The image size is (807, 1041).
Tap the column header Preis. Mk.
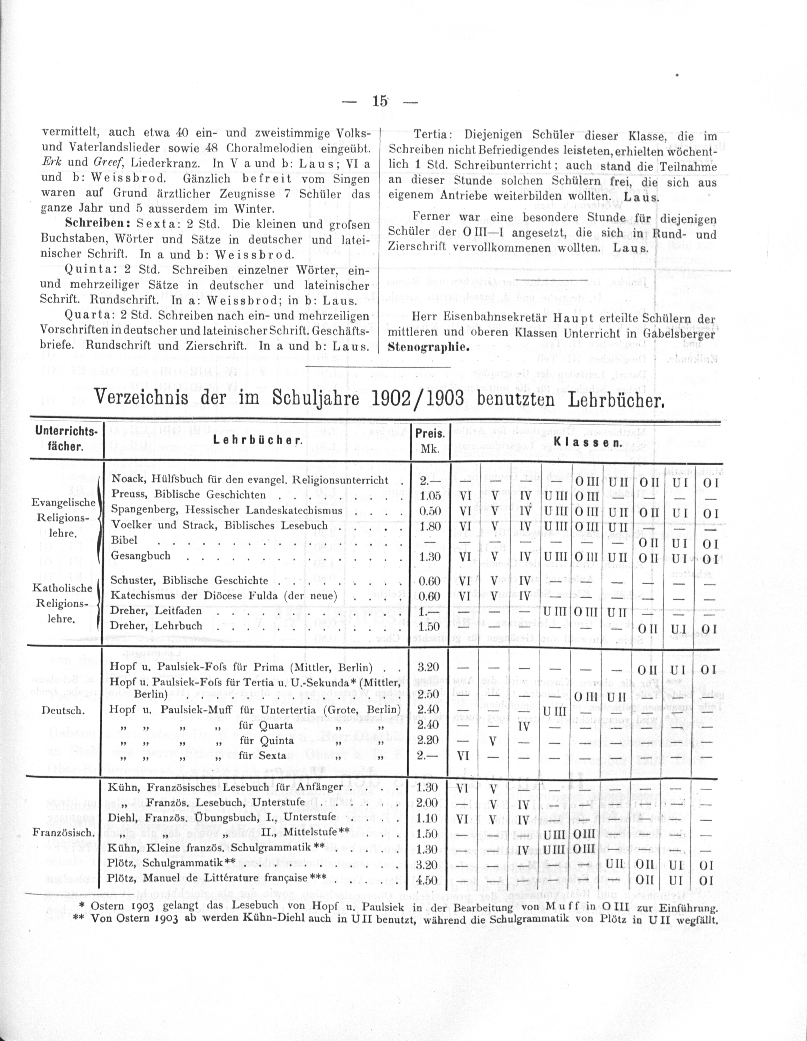430,441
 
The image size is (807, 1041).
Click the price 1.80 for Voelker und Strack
427,526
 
